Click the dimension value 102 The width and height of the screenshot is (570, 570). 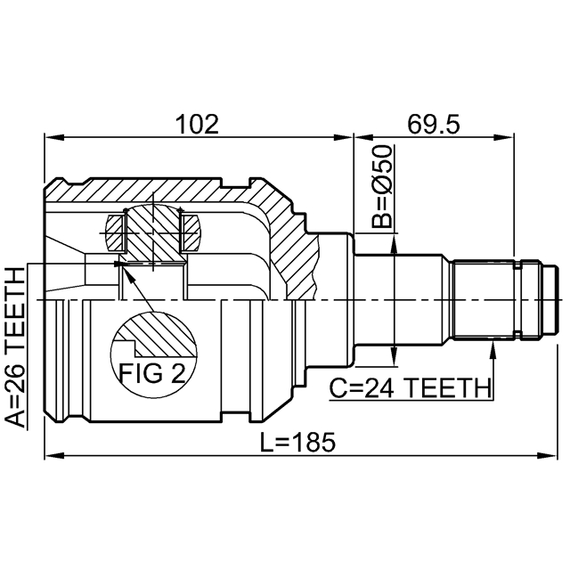tap(197, 124)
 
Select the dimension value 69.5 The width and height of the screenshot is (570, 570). tap(434, 124)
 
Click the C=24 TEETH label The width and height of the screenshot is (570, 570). tap(411, 388)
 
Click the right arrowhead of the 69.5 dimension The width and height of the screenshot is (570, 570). tap(509, 137)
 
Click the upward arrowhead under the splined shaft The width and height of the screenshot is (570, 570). tap(493, 348)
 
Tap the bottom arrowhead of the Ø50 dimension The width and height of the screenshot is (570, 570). tap(393, 360)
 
